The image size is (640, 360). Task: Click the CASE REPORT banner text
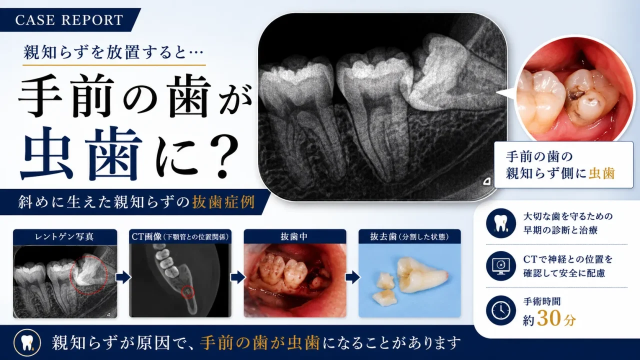point(69,20)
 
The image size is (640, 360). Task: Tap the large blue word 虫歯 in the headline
point(81,154)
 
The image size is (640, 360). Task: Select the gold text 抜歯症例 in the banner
point(223,202)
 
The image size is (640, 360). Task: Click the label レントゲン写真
point(64,236)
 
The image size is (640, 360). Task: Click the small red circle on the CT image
point(188,292)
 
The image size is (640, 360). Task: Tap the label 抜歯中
point(294,236)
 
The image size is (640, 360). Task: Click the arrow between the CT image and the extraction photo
point(237,277)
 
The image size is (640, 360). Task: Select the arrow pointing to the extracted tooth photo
point(352,277)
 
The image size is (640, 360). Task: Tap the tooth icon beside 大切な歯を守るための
point(501,223)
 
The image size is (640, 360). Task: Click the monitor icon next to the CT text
point(501,266)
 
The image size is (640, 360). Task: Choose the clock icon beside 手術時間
point(501,310)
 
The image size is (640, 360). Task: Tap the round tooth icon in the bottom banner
point(27,343)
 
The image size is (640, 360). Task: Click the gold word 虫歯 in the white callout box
point(601,173)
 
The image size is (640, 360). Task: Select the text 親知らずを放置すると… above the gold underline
point(113,52)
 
